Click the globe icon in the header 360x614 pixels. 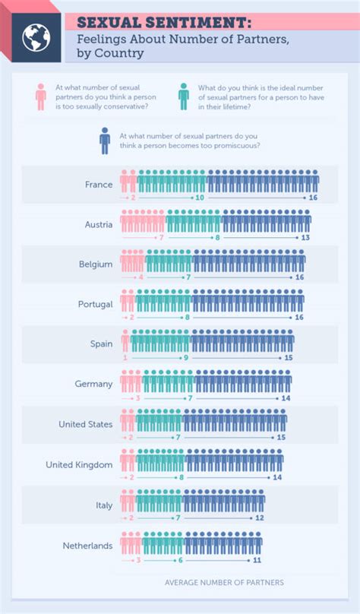pos(36,37)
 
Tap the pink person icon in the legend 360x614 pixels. pos(40,97)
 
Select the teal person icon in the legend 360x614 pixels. pos(183,97)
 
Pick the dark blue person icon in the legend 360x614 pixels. pos(105,141)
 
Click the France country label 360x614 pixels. pos(99,185)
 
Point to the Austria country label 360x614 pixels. pos(99,225)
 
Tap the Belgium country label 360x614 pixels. pos(96,264)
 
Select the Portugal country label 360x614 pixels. pos(95,304)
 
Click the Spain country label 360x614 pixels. pos(101,344)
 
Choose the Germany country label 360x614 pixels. pos(93,384)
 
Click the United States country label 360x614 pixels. pos(86,424)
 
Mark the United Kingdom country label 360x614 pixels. pos(79,464)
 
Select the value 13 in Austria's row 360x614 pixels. pos(305,238)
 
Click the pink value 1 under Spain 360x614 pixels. pos(125,357)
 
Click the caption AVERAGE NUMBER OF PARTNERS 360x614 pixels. pos(224,583)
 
